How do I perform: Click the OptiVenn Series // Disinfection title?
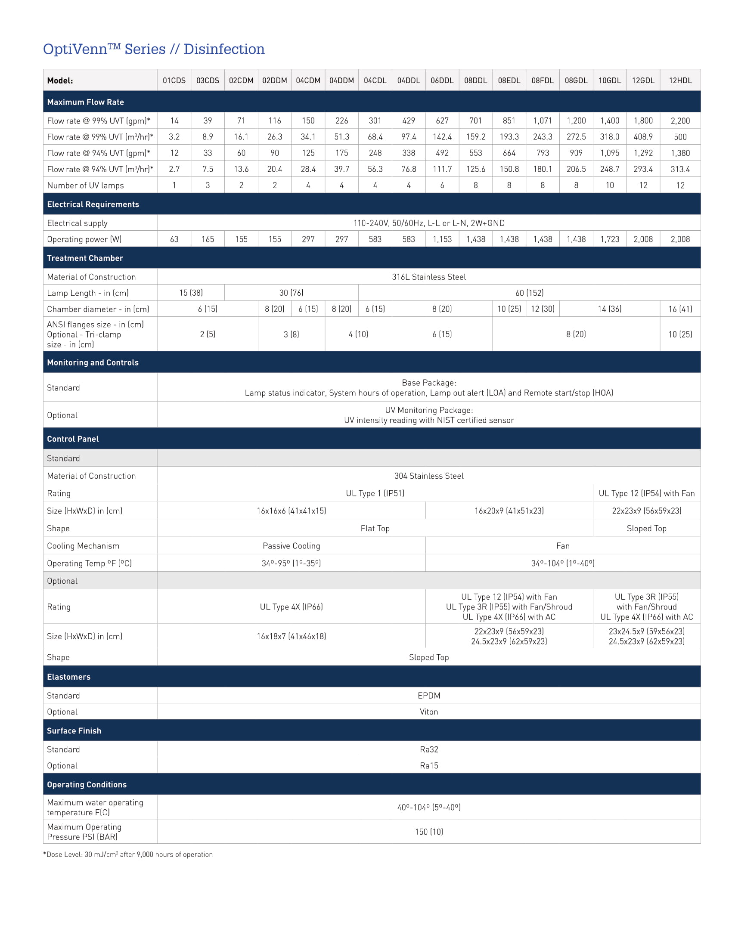click(154, 50)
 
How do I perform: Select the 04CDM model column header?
click(308, 80)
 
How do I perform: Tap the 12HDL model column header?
click(680, 80)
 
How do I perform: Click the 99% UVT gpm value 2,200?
click(680, 121)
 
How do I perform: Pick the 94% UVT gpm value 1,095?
click(609, 153)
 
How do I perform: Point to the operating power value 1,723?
click(609, 239)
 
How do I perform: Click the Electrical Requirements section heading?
click(93, 204)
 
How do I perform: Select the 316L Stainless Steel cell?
click(428, 277)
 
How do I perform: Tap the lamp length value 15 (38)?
click(191, 293)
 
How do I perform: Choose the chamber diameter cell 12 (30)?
click(543, 309)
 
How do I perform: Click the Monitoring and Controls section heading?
click(93, 362)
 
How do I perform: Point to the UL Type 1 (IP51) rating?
click(375, 493)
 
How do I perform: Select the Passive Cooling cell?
click(291, 546)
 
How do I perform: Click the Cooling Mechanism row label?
click(83, 546)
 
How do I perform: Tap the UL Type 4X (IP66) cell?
click(291, 607)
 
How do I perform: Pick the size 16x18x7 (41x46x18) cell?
click(291, 636)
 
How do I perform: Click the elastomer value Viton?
click(428, 712)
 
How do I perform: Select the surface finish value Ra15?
click(428, 766)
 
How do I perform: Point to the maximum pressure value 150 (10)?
click(428, 832)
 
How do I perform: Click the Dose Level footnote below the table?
click(128, 854)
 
